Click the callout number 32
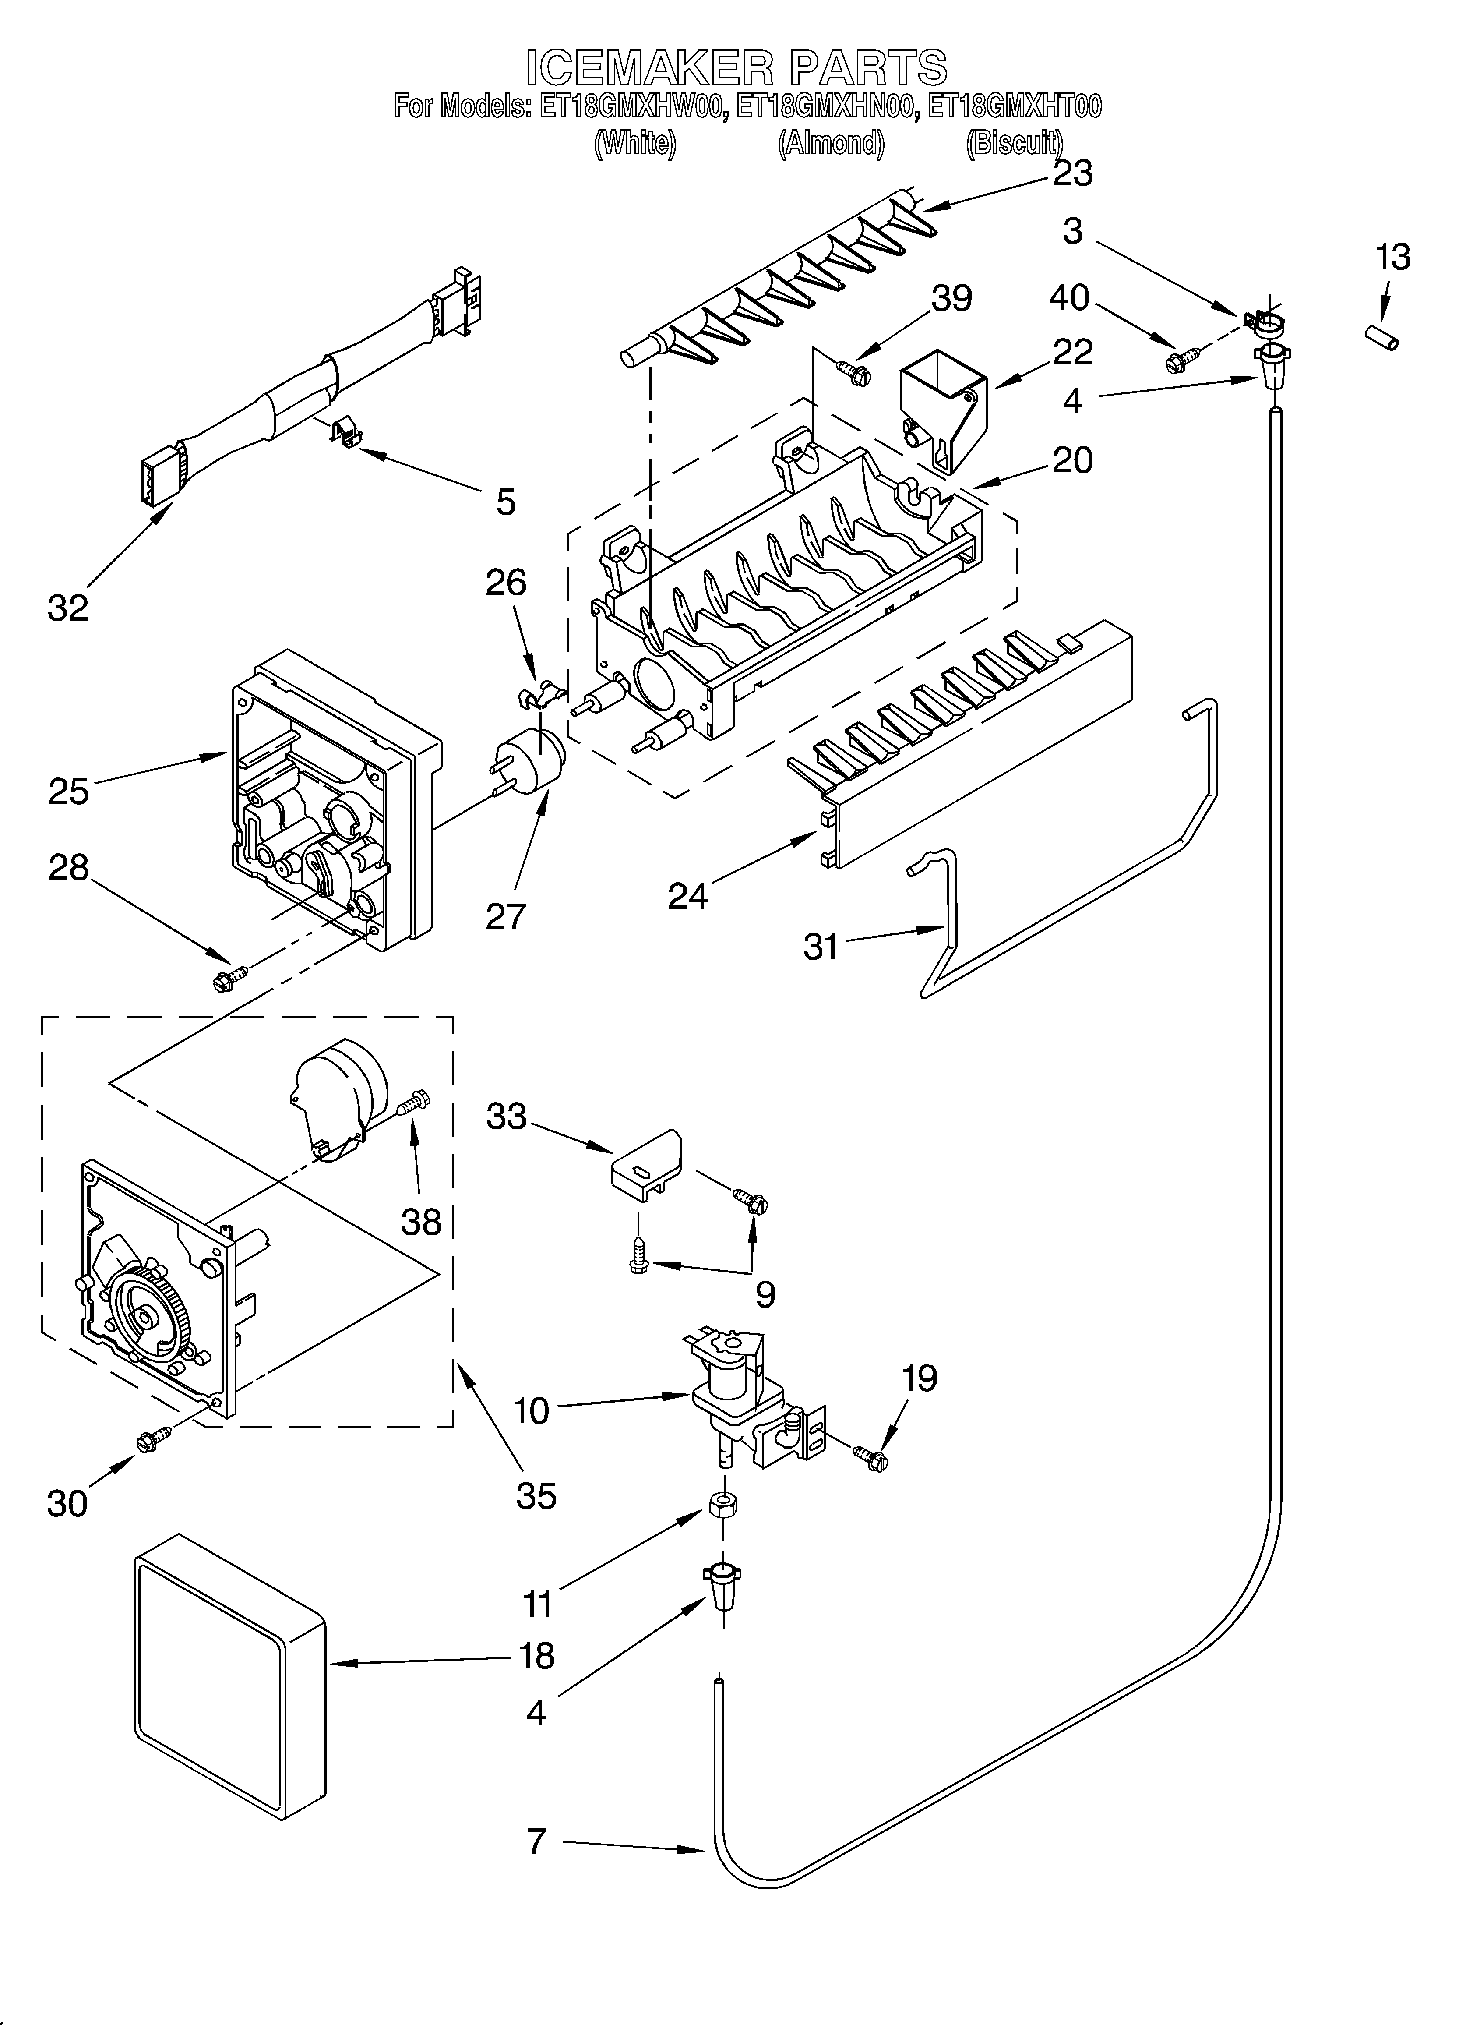[68, 608]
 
